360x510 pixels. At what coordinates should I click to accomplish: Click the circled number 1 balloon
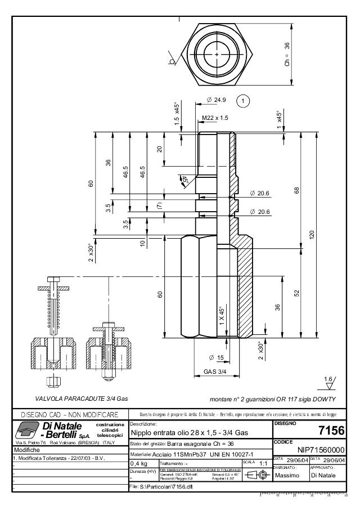[243, 101]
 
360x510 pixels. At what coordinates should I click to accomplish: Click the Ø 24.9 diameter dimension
[216, 100]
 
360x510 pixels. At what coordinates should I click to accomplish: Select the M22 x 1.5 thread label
[215, 118]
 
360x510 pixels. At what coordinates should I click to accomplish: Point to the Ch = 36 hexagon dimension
[287, 54]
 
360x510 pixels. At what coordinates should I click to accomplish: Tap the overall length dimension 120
[310, 234]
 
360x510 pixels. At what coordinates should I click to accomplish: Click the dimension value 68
[296, 191]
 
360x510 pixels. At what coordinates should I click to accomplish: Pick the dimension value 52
[296, 292]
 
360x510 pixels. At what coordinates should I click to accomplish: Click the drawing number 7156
[331, 431]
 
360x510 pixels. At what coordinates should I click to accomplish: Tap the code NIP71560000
[320, 450]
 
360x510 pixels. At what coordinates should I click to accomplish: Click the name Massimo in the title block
[286, 476]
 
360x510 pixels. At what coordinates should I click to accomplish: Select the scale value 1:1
[262, 463]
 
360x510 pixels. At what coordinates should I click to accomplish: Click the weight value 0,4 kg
[139, 463]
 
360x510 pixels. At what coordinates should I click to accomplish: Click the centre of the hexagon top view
[217, 54]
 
